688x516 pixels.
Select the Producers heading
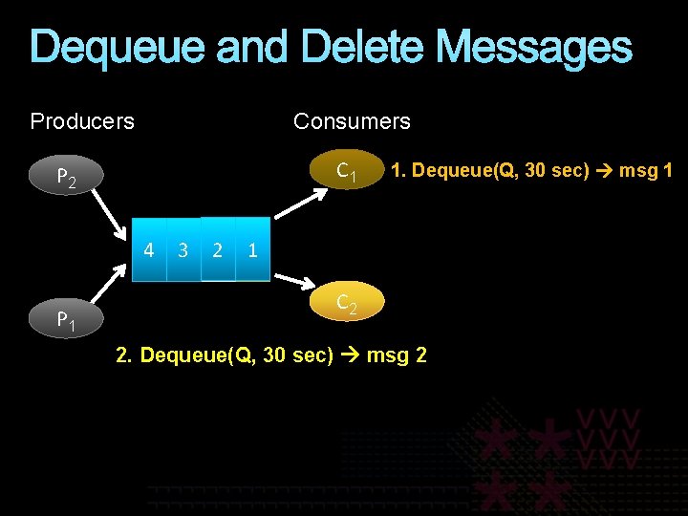(82, 121)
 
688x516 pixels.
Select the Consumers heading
(352, 121)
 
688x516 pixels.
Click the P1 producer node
(66, 320)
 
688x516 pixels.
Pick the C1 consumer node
(347, 171)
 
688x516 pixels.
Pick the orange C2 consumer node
(347, 303)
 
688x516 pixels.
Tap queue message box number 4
(149, 251)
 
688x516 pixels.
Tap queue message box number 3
(183, 251)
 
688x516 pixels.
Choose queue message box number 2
(218, 251)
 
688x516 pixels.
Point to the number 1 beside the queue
(252, 251)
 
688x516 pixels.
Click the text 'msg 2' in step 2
(397, 355)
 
